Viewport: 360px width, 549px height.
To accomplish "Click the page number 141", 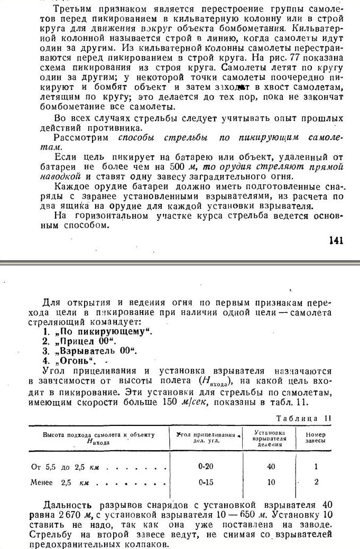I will [336, 240].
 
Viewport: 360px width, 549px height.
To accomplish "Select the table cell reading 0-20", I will [206, 467].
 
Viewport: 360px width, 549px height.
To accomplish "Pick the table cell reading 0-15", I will [206, 482].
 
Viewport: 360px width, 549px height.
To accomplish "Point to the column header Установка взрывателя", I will [270, 438].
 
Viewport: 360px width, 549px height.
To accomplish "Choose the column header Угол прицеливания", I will [206, 437].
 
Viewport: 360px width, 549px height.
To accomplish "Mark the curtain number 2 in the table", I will [316, 482].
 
